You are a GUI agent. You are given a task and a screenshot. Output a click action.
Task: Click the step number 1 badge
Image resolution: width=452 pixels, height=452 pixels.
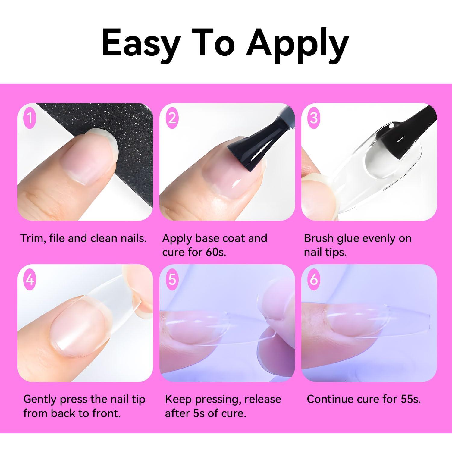point(30,118)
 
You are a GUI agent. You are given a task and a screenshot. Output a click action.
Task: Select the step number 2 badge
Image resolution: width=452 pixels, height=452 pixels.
point(172,118)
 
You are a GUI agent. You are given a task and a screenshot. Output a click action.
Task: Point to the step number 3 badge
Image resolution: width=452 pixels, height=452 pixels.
point(314,118)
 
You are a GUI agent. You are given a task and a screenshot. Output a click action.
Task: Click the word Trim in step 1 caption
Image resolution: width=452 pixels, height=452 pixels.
point(33,238)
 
